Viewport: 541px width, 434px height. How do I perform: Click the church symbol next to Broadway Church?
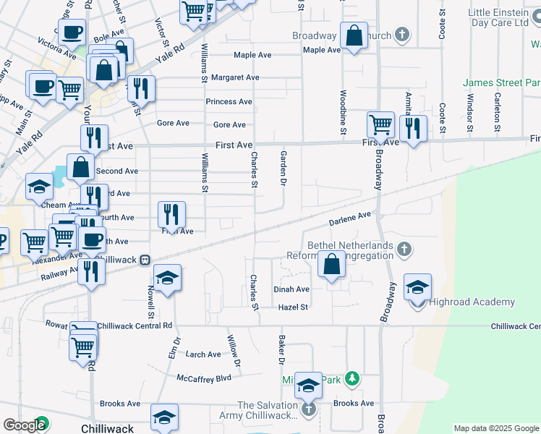402,35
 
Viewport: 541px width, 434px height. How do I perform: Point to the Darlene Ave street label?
350,217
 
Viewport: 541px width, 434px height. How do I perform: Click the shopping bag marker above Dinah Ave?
331,265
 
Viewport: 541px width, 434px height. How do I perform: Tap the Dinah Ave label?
291,289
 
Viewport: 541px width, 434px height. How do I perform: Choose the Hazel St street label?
294,307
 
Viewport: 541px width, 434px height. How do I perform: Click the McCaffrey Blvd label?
204,378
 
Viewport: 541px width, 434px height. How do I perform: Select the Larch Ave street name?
203,354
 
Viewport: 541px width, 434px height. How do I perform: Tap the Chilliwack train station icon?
145,259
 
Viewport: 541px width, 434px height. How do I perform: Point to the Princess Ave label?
229,102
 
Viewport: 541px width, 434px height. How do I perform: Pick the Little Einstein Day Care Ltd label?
499,18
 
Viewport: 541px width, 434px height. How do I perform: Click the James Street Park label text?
502,83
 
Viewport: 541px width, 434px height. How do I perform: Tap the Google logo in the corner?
23,425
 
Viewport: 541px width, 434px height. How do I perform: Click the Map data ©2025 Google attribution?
496,428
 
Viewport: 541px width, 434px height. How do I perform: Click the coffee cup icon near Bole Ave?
72,33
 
